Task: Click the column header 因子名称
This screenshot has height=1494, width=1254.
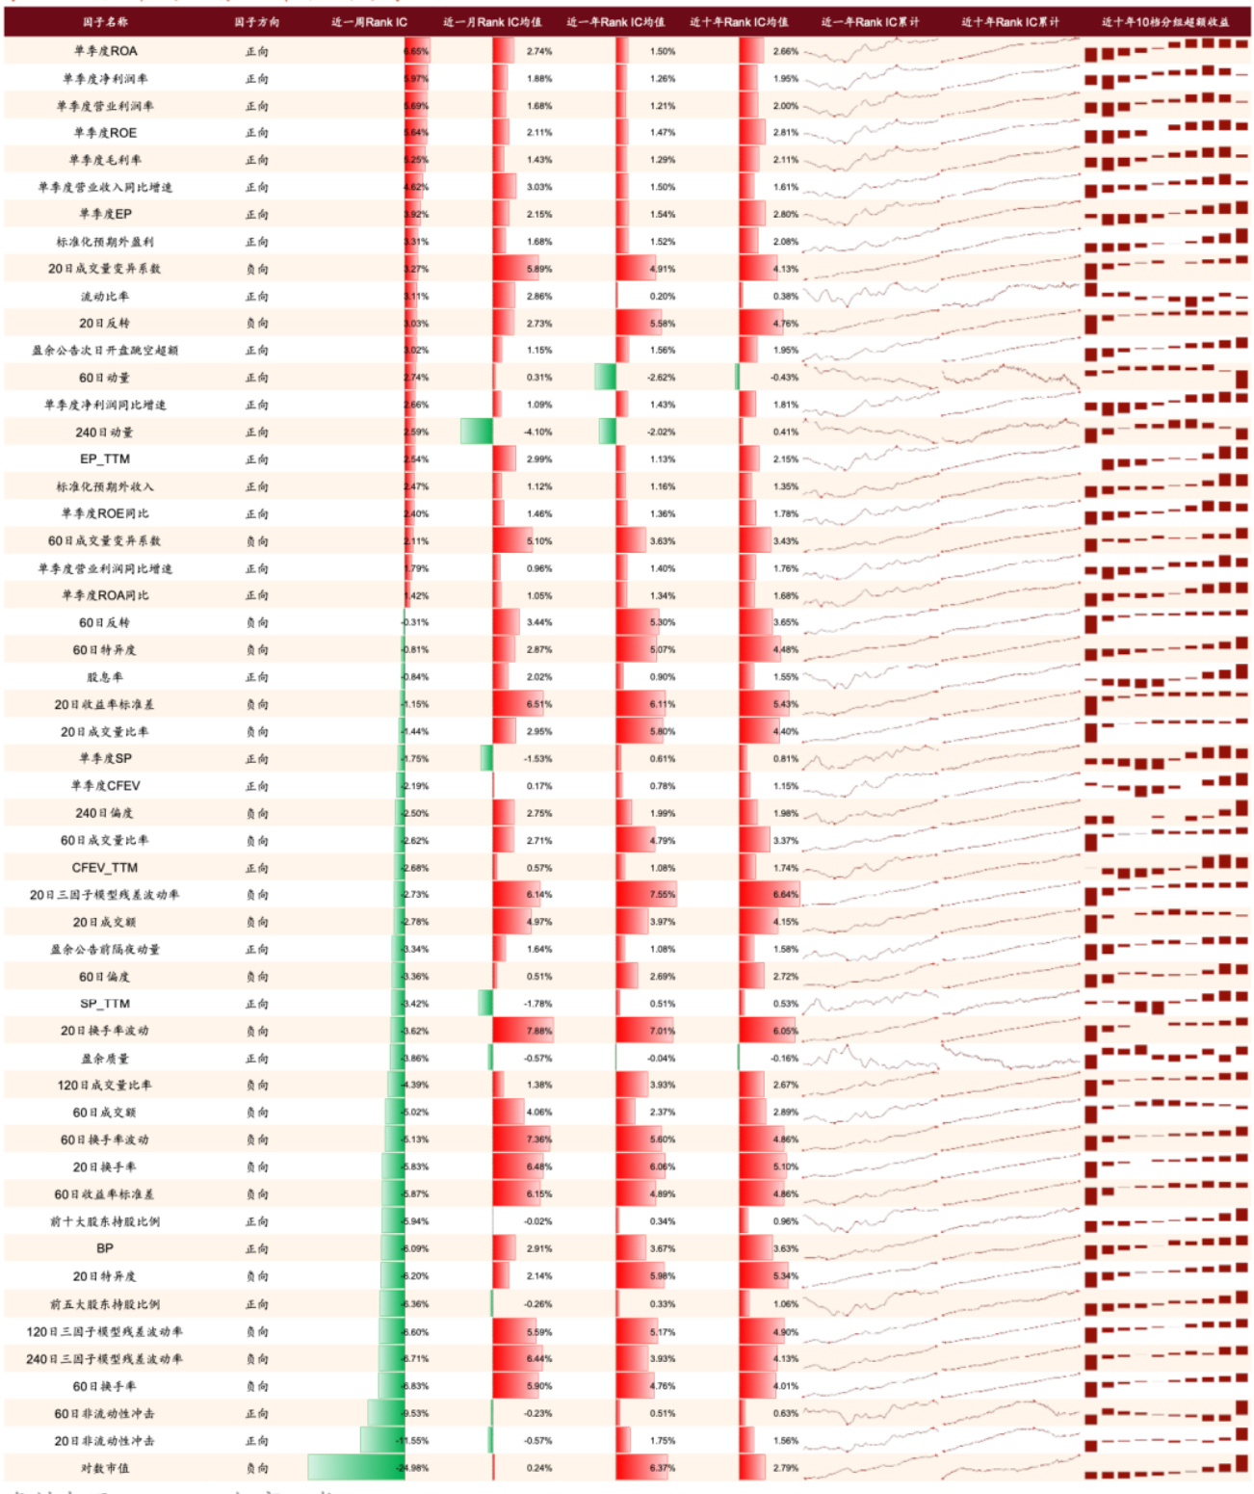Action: click(x=105, y=22)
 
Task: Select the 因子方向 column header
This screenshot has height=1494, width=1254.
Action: click(x=257, y=22)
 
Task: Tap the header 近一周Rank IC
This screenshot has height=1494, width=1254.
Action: click(x=369, y=22)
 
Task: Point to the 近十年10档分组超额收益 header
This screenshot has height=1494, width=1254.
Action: click(x=1165, y=22)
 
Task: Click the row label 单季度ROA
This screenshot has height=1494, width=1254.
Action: click(x=106, y=51)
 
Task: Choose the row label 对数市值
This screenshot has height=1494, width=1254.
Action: click(x=105, y=1468)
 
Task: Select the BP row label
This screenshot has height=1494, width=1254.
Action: click(x=105, y=1248)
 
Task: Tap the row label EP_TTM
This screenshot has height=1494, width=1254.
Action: click(x=105, y=459)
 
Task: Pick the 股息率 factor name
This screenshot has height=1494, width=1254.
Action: click(x=105, y=677)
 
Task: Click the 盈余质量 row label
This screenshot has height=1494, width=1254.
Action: click(x=105, y=1059)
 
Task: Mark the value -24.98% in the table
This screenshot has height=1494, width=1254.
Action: click(x=413, y=1468)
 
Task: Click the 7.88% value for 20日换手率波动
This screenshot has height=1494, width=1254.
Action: click(x=539, y=1031)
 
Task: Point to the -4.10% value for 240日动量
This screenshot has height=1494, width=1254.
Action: click(x=538, y=432)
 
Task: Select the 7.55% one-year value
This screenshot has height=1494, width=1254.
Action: click(x=663, y=895)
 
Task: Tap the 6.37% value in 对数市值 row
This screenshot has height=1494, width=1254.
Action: click(x=663, y=1468)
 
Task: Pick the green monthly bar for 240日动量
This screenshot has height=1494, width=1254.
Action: click(x=477, y=432)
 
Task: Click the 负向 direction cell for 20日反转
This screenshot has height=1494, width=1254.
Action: click(x=257, y=324)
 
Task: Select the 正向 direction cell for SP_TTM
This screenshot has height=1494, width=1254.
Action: click(x=257, y=1004)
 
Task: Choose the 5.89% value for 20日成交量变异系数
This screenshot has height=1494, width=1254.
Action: click(x=539, y=270)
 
